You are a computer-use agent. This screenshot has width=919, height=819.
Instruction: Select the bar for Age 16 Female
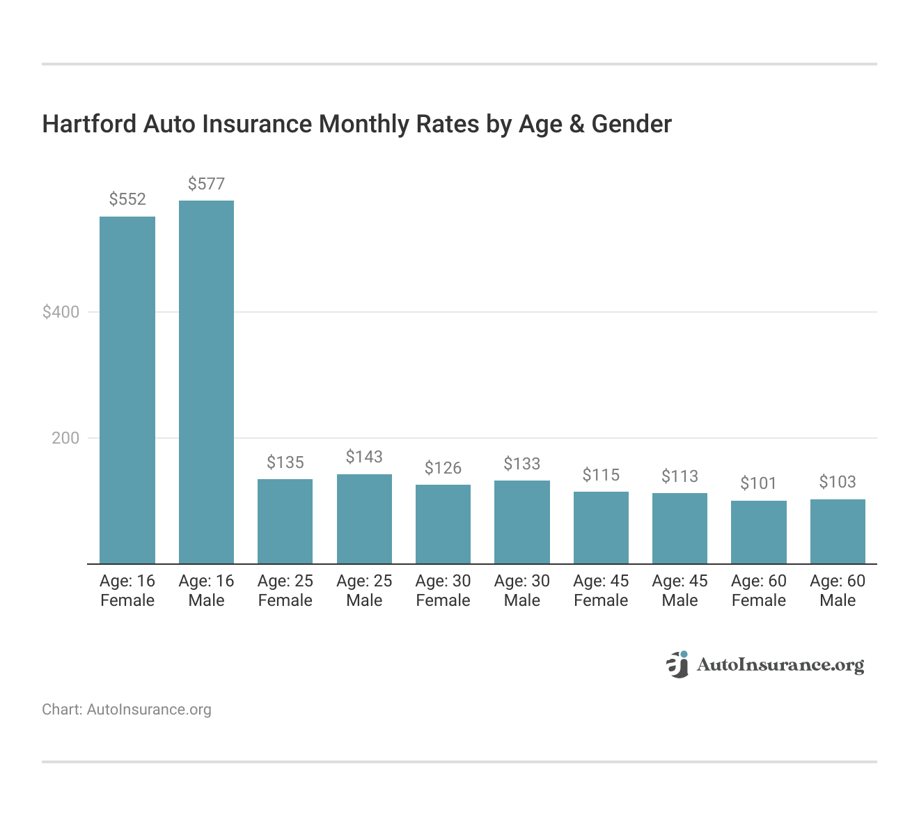pos(127,390)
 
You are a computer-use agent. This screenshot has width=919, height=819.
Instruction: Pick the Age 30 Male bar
pos(521,522)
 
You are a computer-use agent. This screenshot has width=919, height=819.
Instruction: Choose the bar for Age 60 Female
pos(758,532)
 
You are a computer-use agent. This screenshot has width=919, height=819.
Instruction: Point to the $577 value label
pos(206,184)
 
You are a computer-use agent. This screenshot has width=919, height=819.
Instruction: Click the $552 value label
pos(127,200)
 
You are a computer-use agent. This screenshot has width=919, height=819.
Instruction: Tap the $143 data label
pos(364,457)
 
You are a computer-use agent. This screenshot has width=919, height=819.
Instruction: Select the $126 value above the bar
pos(443,468)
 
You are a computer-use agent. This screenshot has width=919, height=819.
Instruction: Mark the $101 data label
pos(758,483)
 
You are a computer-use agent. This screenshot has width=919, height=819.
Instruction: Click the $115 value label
pos(601,475)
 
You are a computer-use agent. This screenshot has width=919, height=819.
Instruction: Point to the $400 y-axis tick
pos(61,312)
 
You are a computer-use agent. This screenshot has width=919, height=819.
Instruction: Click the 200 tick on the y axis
pos(65,438)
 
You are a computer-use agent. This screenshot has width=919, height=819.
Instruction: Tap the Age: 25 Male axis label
pos(364,591)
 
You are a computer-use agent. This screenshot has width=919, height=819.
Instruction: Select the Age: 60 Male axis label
pos(838,591)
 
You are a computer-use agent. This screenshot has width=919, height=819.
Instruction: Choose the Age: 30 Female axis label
pos(443,591)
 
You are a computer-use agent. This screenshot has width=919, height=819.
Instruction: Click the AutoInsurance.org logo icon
pos(677,664)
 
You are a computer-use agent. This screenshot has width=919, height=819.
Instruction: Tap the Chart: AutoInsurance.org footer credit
pos(127,710)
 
